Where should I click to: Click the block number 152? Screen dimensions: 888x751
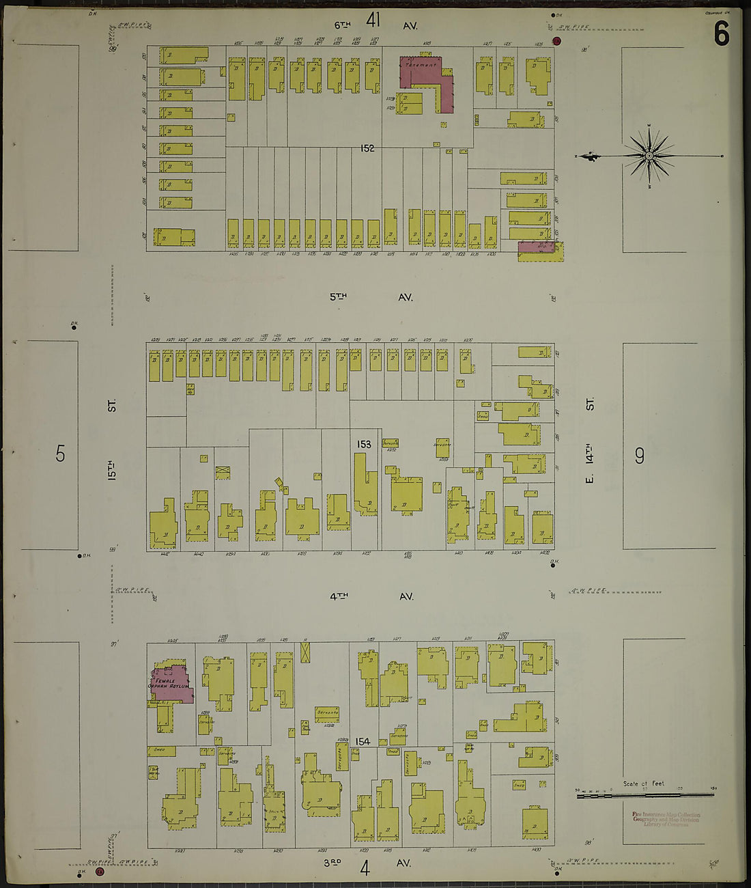click(x=367, y=148)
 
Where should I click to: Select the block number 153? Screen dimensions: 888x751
click(x=363, y=444)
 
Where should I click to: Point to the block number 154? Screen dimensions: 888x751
click(x=363, y=741)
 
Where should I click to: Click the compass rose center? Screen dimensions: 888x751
click(x=649, y=156)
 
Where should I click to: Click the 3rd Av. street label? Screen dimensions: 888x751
click(x=369, y=863)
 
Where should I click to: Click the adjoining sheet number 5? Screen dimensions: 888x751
click(x=61, y=453)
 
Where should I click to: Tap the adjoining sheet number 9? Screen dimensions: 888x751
click(x=639, y=455)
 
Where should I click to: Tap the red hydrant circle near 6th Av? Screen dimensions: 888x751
click(x=556, y=41)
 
